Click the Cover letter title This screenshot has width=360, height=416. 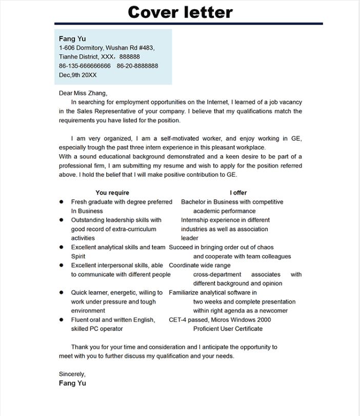coord(180,12)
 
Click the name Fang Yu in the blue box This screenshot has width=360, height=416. coord(72,39)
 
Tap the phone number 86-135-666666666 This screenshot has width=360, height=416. coord(85,66)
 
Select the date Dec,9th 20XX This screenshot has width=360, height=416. coord(77,75)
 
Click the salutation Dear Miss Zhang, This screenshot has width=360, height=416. coord(83,93)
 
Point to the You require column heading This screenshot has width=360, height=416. coord(112,193)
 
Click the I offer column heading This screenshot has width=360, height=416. coord(238,193)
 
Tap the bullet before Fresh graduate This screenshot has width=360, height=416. coord(62,202)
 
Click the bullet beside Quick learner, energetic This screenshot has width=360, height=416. coord(62,293)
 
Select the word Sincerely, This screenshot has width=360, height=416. coord(72,375)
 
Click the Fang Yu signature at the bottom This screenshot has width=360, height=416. coord(72,383)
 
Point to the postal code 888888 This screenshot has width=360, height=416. coord(129,57)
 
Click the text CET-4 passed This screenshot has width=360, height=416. coord(188,320)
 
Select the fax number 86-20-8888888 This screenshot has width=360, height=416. coord(137,66)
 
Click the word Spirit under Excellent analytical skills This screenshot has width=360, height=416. coord(78,257)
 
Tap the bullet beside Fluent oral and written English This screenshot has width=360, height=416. coord(62,320)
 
